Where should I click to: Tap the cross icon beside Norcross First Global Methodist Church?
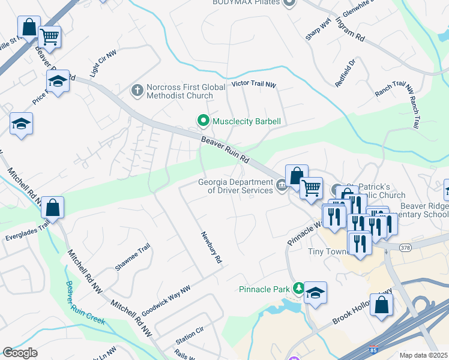point(137,91)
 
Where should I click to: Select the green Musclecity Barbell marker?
point(203,122)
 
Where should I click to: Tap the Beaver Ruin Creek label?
point(85,303)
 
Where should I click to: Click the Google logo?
point(20,353)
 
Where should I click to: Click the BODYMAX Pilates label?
point(246,2)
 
